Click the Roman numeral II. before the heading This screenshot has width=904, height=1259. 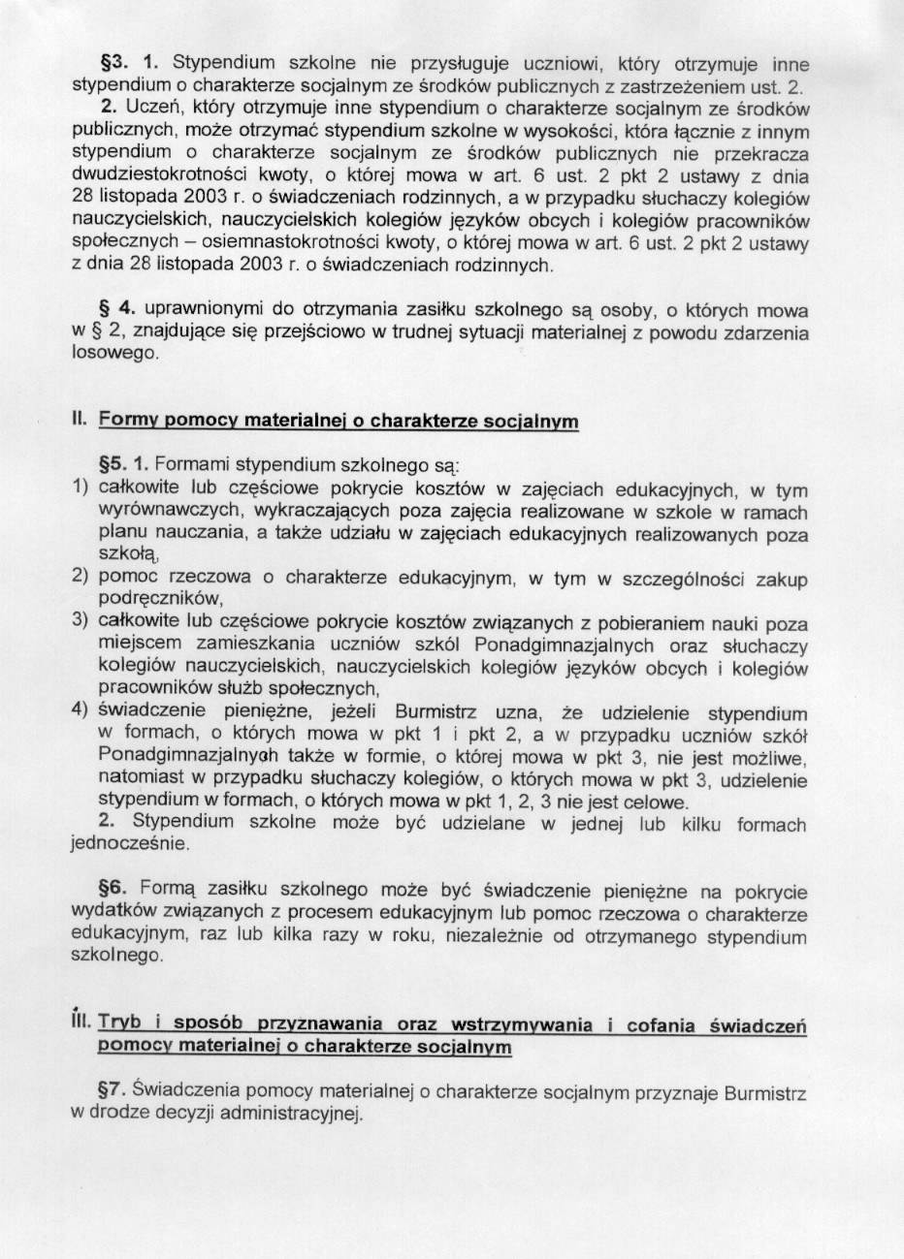pos(80,419)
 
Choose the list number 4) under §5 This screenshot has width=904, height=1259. pos(81,708)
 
